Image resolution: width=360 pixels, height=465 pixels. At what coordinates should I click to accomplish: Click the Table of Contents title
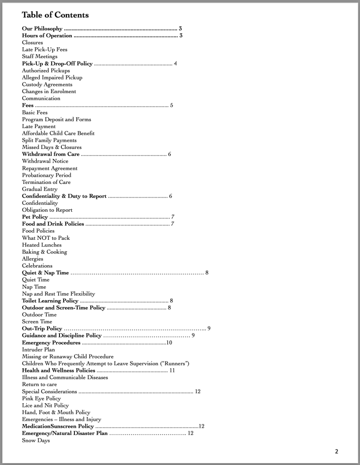55,15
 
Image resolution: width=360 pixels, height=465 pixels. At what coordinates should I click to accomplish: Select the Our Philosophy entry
42,29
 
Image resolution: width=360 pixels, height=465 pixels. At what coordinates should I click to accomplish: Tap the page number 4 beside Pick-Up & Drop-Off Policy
175,64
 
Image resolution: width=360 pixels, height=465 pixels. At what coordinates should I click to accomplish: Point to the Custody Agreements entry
47,84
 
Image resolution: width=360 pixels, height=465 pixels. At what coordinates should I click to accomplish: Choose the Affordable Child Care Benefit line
58,134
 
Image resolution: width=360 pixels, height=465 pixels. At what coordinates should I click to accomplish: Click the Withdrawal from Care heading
51,154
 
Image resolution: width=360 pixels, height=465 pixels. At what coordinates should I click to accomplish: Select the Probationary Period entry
46,175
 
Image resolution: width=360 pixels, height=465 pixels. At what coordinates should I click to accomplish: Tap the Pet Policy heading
35,217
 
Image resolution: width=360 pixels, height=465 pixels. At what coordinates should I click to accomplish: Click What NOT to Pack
46,238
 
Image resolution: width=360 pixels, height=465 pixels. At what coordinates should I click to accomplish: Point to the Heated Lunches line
42,245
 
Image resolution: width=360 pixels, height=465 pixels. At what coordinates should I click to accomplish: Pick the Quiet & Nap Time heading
45,273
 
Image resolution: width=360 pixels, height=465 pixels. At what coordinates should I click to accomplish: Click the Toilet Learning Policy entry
50,301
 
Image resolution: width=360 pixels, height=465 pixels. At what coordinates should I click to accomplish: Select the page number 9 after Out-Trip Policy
209,328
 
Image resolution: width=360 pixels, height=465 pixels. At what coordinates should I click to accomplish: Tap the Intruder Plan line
39,350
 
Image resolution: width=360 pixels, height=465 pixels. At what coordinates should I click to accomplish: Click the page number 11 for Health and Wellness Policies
172,371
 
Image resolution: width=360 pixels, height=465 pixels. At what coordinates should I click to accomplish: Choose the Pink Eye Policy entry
41,398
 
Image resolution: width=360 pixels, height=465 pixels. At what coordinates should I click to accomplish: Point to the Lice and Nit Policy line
45,406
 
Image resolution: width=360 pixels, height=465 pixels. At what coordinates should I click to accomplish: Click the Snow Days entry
36,440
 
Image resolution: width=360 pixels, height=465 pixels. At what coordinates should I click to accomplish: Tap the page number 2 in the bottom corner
336,451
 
